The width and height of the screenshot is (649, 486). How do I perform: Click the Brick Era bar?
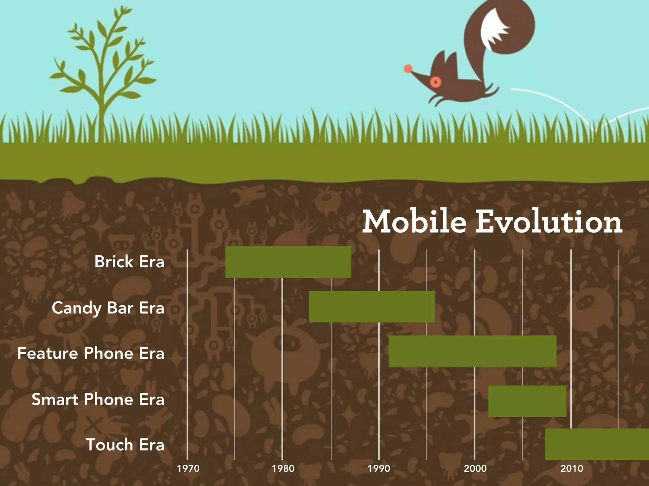click(x=288, y=262)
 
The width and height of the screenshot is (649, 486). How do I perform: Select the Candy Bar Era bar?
click(x=372, y=307)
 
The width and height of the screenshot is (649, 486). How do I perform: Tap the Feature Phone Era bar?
click(x=472, y=351)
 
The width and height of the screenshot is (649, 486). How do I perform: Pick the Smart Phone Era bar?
click(x=527, y=401)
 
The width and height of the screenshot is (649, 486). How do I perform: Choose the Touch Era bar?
click(x=597, y=444)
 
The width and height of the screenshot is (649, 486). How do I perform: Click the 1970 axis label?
click(x=188, y=468)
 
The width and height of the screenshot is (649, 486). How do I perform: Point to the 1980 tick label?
click(x=283, y=468)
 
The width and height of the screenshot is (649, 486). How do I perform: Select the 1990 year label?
click(x=379, y=468)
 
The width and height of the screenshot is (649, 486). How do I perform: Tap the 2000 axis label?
click(x=475, y=468)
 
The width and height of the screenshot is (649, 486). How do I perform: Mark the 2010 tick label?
click(x=571, y=468)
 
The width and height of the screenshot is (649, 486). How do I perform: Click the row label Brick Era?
click(x=129, y=262)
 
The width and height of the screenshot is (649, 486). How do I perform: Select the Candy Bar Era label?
click(x=108, y=308)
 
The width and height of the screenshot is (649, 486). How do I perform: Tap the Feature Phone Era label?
click(x=91, y=353)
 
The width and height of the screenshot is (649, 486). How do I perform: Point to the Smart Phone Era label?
click(x=98, y=399)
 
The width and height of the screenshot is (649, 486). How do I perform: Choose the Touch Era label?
click(x=125, y=445)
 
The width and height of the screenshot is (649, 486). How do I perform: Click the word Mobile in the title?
click(x=414, y=221)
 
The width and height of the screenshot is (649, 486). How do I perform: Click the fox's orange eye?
click(x=436, y=82)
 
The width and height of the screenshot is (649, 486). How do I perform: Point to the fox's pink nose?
click(x=408, y=69)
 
